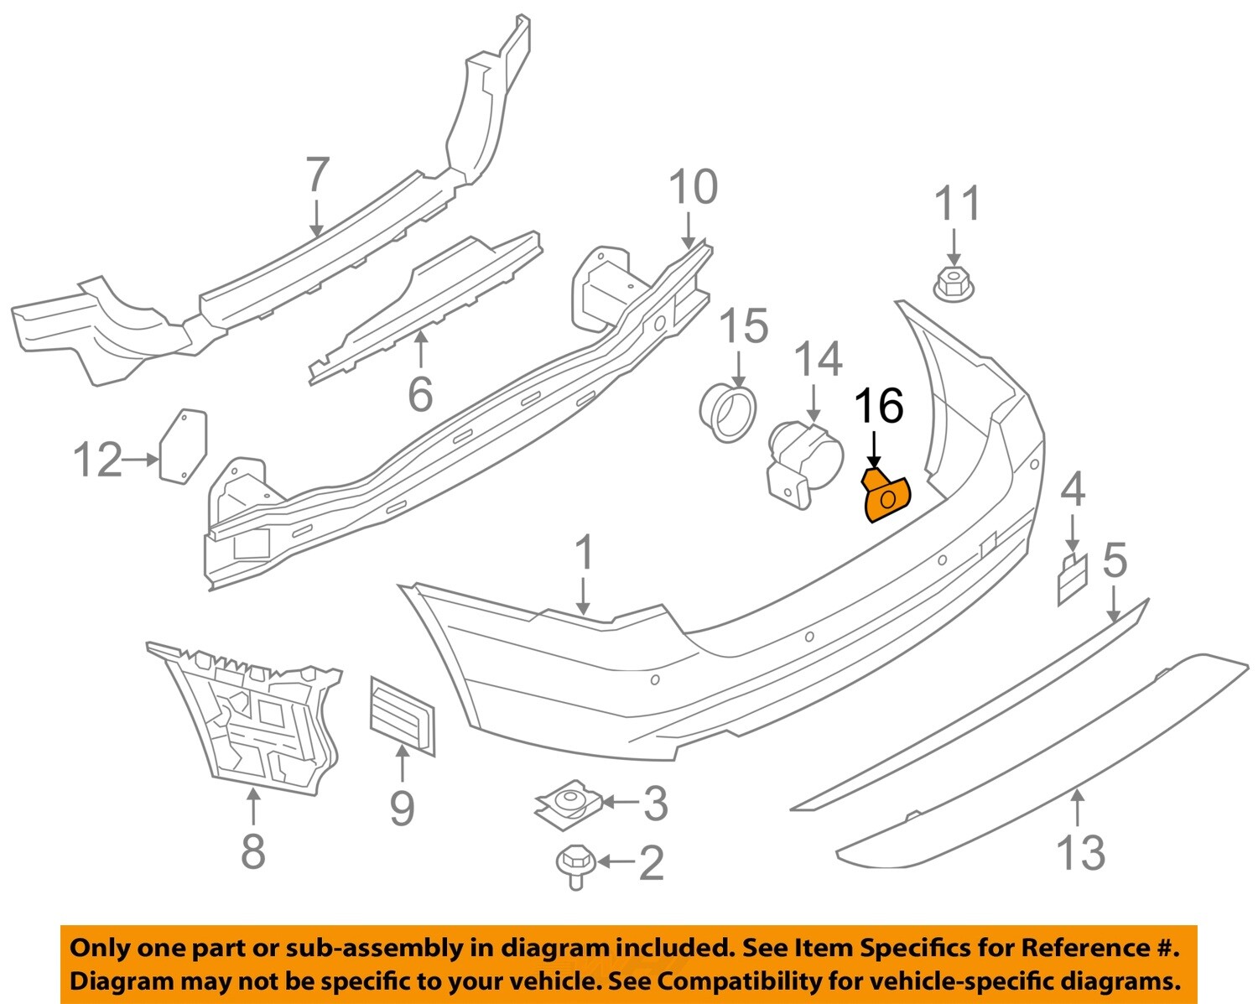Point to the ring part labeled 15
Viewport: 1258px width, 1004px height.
[728, 414]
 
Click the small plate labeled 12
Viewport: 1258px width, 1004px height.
[183, 445]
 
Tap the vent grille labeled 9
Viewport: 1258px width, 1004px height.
[402, 714]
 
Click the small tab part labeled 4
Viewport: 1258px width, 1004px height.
[1072, 580]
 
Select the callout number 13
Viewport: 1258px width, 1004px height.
[1080, 852]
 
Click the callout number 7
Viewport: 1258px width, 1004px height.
[316, 175]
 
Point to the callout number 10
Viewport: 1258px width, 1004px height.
[694, 187]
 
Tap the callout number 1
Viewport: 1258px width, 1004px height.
[584, 554]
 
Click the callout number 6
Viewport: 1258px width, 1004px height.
[420, 393]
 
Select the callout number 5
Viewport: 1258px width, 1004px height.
[1115, 561]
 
